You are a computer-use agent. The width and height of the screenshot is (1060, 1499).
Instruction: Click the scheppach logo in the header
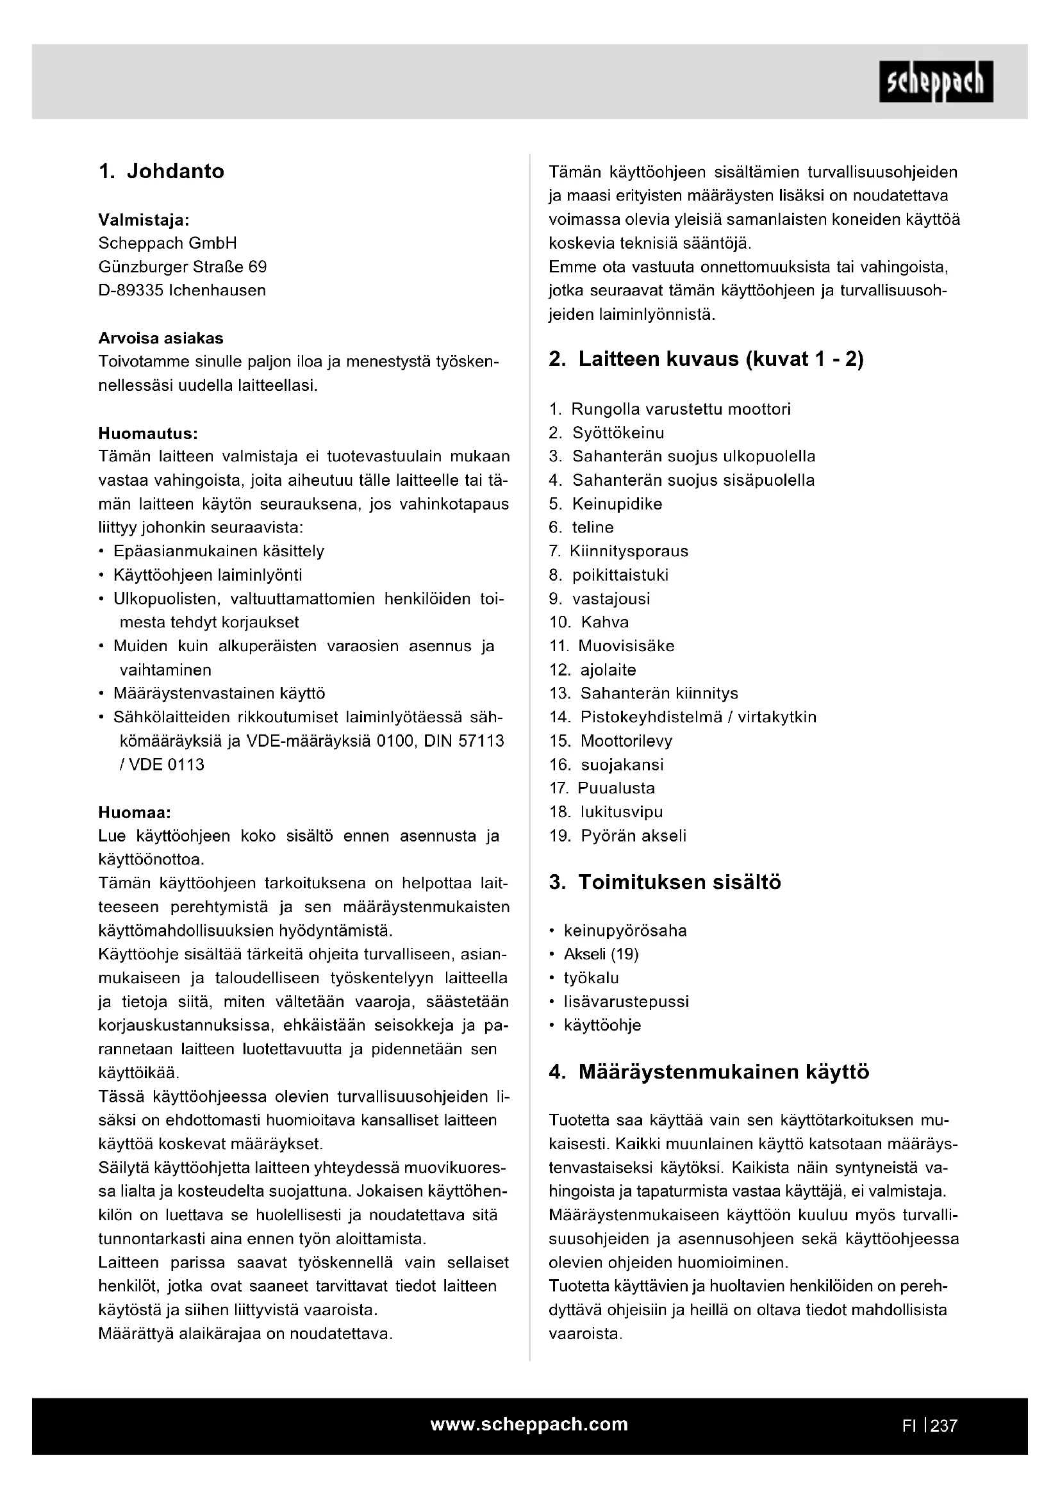(x=936, y=81)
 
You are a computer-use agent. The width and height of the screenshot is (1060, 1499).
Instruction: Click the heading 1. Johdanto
(x=161, y=171)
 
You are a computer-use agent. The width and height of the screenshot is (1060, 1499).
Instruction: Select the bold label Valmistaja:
(x=144, y=219)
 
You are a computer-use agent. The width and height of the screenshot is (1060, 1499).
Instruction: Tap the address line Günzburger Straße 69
(x=182, y=267)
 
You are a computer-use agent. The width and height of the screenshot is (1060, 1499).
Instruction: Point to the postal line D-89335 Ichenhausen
(x=182, y=290)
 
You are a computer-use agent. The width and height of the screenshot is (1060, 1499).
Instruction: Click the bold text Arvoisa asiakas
(x=161, y=338)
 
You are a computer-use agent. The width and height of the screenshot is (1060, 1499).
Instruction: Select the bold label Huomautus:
(x=147, y=433)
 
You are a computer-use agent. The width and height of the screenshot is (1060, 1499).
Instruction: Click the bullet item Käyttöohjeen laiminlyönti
(x=207, y=575)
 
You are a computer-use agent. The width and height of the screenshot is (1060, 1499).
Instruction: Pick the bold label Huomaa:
(x=135, y=813)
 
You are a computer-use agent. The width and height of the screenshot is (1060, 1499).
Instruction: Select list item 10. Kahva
(x=589, y=622)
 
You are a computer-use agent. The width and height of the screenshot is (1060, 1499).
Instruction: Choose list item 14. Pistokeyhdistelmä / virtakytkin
(x=683, y=717)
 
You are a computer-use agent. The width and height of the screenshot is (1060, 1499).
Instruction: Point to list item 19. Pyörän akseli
(x=617, y=836)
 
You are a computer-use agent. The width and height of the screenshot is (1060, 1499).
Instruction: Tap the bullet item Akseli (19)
(x=600, y=954)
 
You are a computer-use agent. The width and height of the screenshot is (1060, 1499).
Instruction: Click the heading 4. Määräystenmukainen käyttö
(x=709, y=1072)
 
